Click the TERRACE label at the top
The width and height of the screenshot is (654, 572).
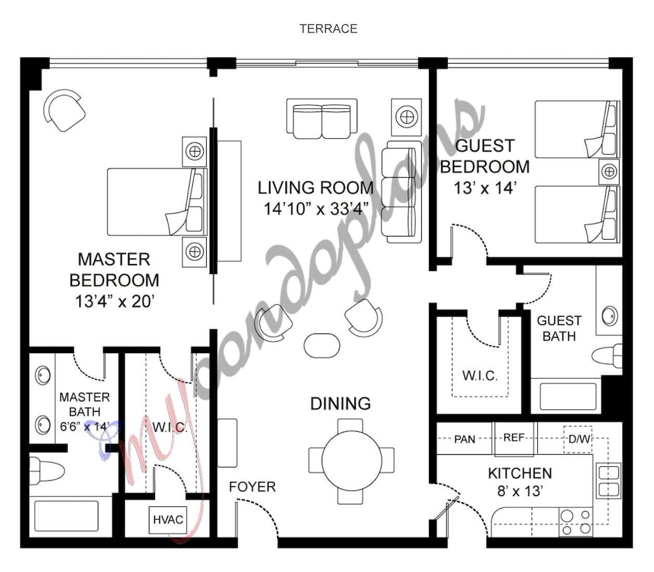[x=328, y=29]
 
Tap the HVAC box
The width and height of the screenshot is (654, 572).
[x=168, y=519]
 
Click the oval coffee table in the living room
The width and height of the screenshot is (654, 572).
[x=322, y=345]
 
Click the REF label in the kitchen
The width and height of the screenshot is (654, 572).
[x=514, y=438]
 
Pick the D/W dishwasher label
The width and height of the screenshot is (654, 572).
[x=578, y=439]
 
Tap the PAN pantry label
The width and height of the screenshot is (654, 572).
[x=464, y=439]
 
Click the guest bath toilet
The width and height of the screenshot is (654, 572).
[x=607, y=357]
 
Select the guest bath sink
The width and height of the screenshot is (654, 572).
[x=610, y=316]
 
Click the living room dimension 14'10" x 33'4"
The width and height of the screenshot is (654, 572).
[x=316, y=209]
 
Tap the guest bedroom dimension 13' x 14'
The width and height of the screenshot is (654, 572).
[x=485, y=188]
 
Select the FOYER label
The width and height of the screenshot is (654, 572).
[x=252, y=487]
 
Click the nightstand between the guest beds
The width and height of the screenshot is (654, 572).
[x=609, y=171]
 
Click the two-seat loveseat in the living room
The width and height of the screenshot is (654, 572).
[x=322, y=119]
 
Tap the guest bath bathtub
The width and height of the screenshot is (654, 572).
[x=568, y=397]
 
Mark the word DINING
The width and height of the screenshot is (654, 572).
[x=341, y=404]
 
